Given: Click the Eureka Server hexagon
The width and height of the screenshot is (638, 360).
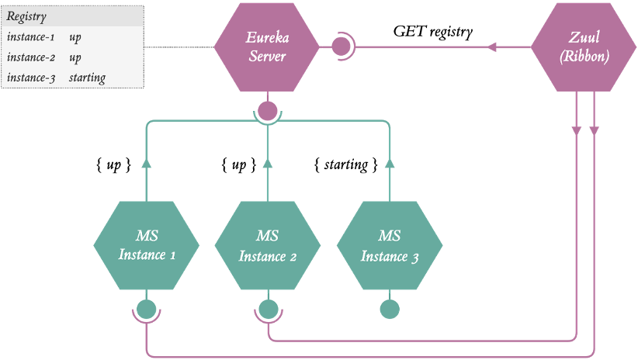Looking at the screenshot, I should (266, 47).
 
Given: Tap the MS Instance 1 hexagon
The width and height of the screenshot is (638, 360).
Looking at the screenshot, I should (146, 244).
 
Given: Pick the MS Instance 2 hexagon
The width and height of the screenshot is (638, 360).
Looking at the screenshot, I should (268, 244).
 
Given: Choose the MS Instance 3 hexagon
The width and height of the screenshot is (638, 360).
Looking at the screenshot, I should (390, 244).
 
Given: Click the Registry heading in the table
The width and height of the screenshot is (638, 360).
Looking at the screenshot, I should (26, 16).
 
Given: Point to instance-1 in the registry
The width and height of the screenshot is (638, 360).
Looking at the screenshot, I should (29, 37).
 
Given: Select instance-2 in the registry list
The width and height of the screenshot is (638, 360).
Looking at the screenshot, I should (29, 57).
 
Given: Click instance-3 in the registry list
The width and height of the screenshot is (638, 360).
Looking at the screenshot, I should (29, 78).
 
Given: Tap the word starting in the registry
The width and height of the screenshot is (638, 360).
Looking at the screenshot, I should (87, 78).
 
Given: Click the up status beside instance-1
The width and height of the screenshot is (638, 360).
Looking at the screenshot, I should (75, 37).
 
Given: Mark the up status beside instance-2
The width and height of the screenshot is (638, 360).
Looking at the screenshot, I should (75, 57).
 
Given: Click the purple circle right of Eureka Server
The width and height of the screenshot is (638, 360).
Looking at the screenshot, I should (341, 47).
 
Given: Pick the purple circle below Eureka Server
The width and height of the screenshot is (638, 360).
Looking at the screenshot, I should (267, 112).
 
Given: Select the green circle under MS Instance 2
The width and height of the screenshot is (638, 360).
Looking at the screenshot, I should (268, 310).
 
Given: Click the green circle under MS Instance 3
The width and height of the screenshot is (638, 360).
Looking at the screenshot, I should (390, 310).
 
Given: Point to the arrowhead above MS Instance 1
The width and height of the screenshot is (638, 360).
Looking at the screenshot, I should (146, 163).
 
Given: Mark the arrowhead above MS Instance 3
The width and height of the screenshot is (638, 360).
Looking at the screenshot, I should (390, 163).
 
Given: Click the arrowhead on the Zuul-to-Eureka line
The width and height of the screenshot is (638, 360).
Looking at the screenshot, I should (492, 47).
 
